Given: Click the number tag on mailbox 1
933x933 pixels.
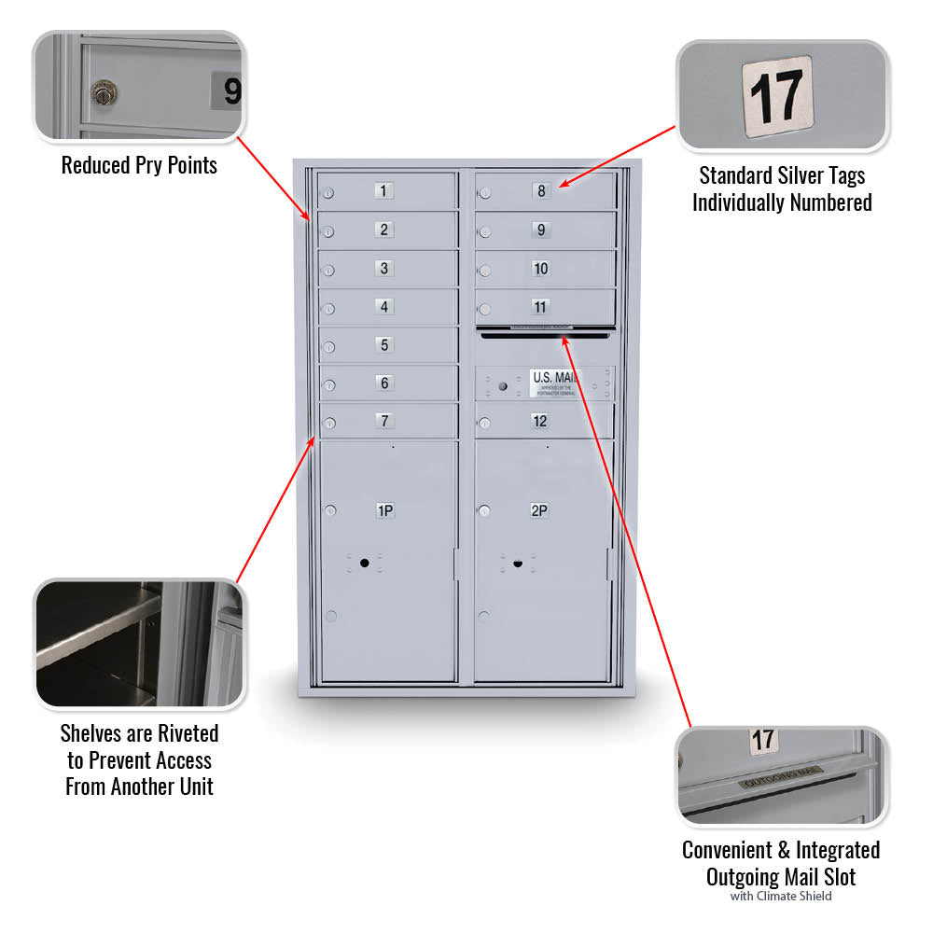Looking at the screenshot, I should coord(384,191).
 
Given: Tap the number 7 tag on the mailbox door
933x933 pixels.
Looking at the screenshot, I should coord(384,421).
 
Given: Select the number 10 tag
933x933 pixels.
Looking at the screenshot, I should coord(540,269).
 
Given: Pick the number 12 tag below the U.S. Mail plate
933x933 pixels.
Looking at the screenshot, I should coord(540,421).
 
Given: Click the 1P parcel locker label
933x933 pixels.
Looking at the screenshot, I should coord(384,510).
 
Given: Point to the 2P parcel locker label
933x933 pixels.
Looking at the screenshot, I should coord(539,510).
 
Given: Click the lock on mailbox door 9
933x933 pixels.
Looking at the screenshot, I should coord(485,232).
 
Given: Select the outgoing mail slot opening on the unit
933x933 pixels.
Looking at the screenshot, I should coord(544,334).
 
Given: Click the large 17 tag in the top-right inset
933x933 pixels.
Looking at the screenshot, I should coord(777,96).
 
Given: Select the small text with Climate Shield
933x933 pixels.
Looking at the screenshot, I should coord(781,897).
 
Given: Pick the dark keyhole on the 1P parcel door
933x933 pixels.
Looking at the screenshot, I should coord(365,563).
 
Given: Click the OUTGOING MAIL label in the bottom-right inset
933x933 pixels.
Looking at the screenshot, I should coord(781,775).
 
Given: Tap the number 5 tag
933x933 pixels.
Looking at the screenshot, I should coord(384,344).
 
